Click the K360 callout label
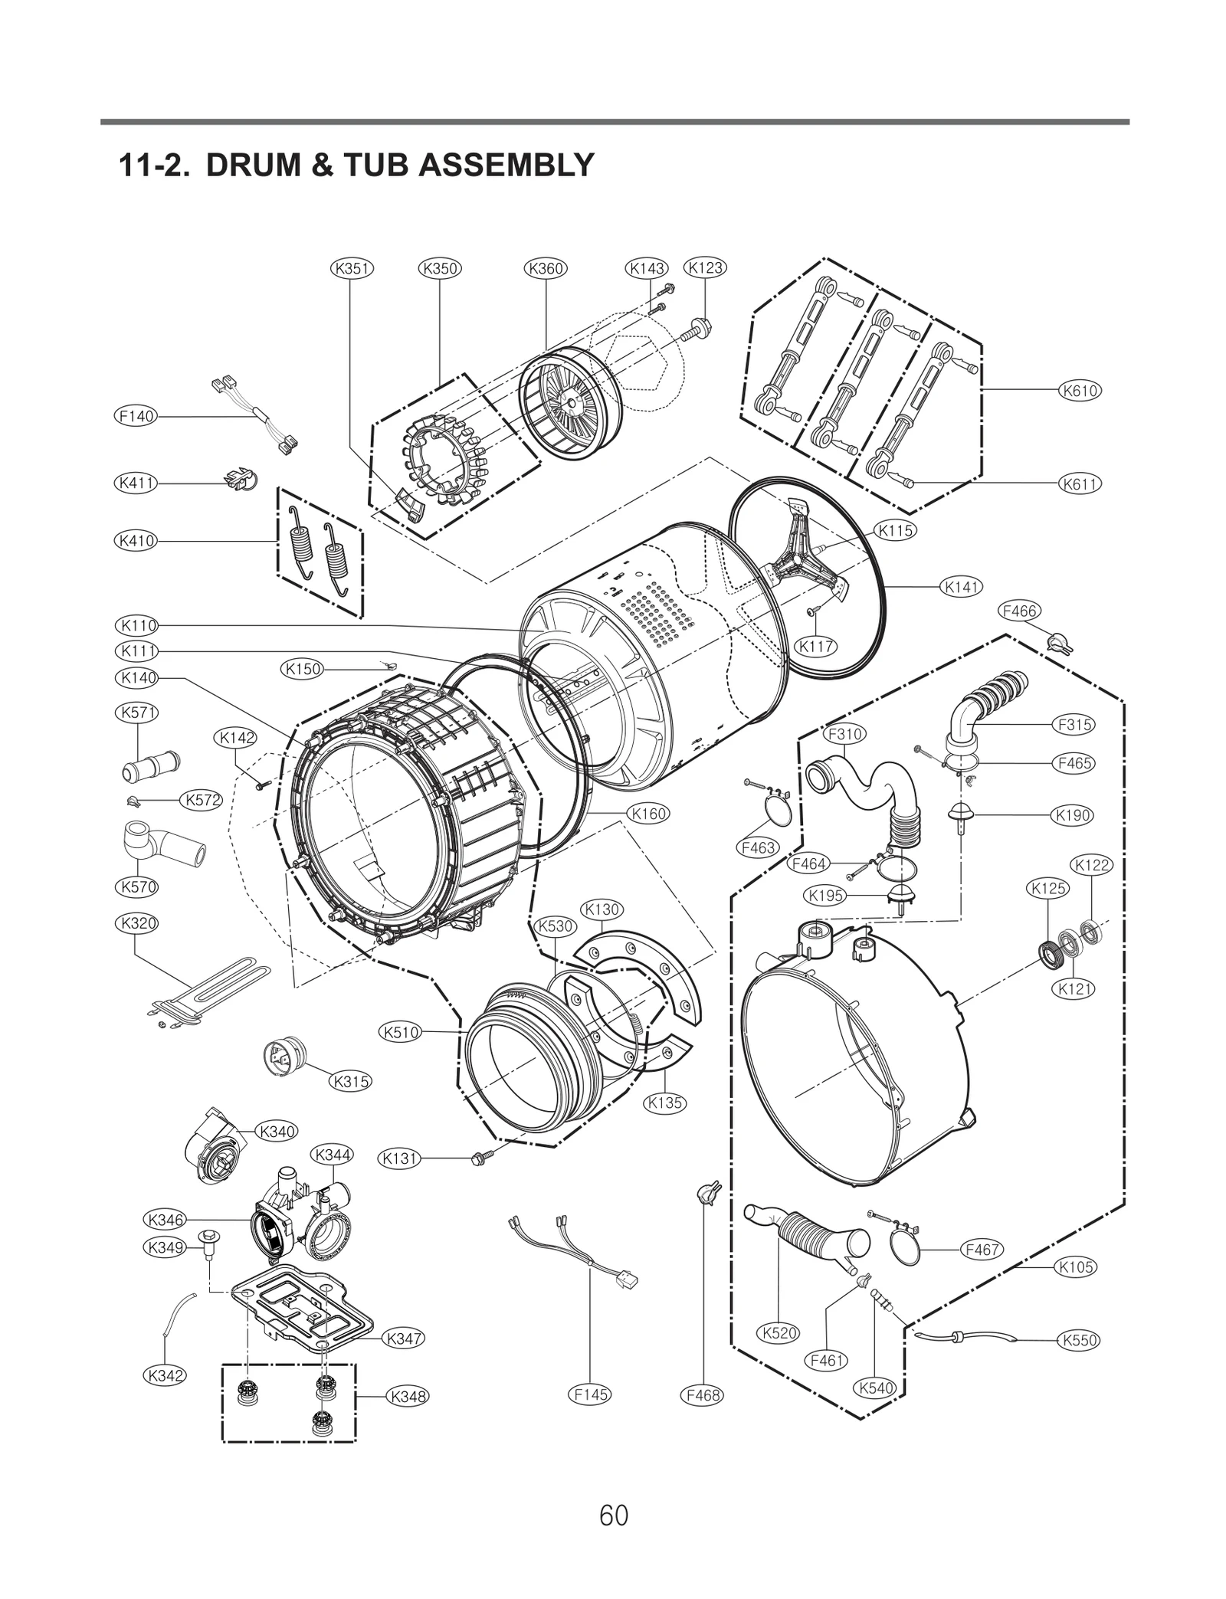546,268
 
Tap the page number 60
614,1515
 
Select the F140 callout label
136,416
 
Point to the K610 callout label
1080,390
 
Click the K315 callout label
350,1082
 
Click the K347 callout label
403,1339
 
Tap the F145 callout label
591,1394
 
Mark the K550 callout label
1080,1340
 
